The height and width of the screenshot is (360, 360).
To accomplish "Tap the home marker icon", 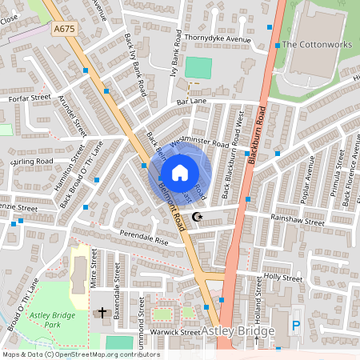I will (x=180, y=172).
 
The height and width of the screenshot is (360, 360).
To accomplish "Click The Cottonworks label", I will (x=317, y=45).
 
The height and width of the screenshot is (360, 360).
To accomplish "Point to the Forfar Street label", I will (x=30, y=98).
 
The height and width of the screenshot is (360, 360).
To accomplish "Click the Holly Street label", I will (x=283, y=278).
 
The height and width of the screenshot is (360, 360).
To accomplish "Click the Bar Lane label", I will (x=191, y=102).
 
